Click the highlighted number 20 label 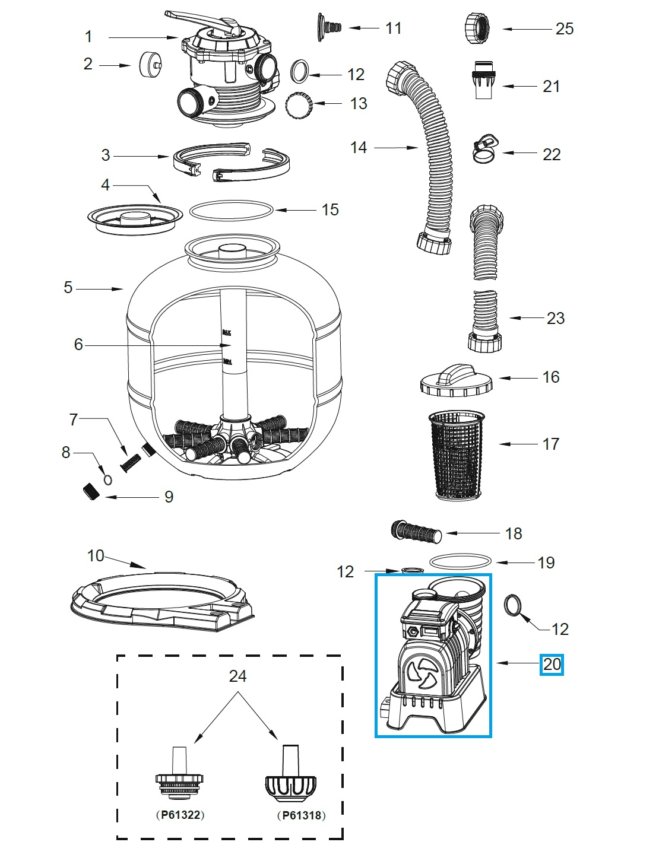(552, 665)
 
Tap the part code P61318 (302, 815)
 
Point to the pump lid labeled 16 (456, 380)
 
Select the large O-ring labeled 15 (231, 209)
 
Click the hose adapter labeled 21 (486, 78)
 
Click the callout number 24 (237, 676)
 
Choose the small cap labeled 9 (90, 492)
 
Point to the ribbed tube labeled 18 (416, 530)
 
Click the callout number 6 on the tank (78, 345)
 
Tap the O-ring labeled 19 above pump (461, 561)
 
